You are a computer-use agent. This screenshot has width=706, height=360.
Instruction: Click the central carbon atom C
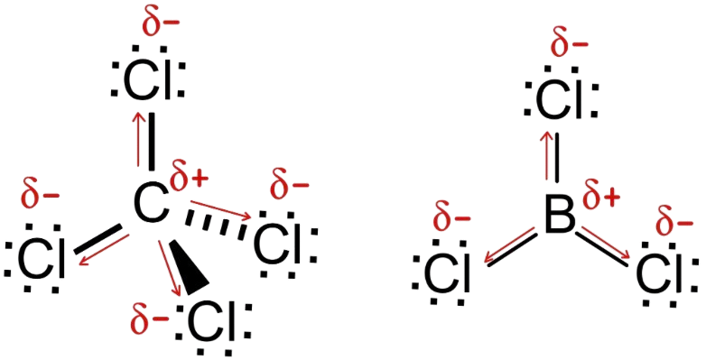151,205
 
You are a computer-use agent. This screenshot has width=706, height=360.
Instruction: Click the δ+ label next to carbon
189,179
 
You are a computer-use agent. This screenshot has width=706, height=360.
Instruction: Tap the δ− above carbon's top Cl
161,23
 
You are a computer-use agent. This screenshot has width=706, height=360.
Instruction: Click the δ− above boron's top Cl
569,44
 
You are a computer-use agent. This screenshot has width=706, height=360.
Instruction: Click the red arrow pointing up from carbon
137,139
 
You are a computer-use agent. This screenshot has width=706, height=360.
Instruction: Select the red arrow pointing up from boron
546,156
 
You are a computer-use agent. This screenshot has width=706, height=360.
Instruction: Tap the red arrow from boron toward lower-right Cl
606,245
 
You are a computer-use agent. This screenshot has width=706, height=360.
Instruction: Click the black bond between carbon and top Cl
152,141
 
